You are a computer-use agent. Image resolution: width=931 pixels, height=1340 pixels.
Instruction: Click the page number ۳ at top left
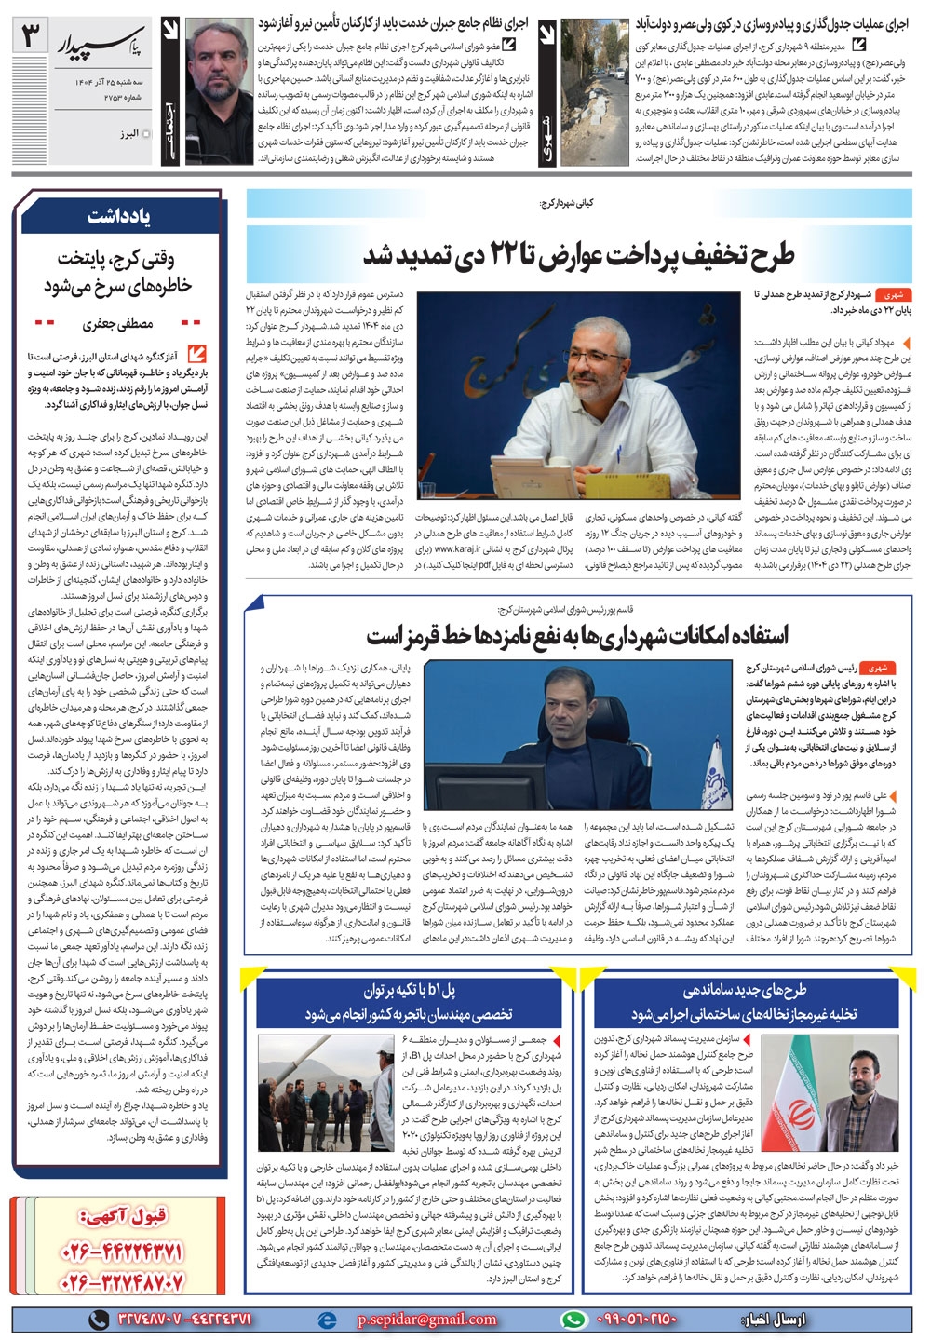(32, 38)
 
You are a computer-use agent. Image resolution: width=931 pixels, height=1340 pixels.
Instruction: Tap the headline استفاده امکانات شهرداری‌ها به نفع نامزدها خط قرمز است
(576, 635)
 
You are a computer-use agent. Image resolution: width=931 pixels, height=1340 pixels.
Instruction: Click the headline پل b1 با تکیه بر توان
(409, 989)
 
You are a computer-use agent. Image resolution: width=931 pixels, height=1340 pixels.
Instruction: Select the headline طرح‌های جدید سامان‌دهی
(745, 989)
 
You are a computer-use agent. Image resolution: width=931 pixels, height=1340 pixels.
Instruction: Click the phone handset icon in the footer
(98, 1319)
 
